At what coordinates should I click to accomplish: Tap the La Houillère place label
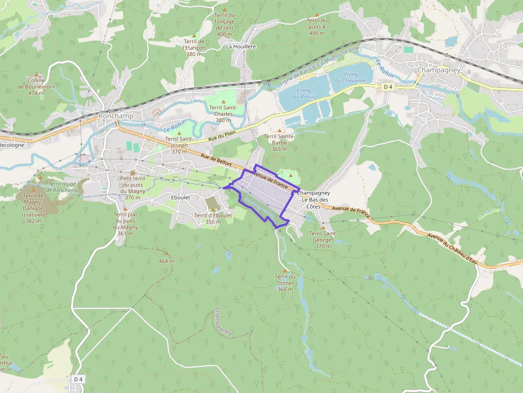[241, 46]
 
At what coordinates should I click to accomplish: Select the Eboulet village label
[180, 197]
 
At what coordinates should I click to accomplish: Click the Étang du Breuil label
[304, 93]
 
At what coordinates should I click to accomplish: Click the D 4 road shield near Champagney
[388, 86]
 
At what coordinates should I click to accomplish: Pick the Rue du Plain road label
[221, 137]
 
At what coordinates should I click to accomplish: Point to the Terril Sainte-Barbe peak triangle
[279, 130]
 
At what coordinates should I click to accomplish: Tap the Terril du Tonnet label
[285, 283]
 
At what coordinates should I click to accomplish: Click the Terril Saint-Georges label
[323, 236]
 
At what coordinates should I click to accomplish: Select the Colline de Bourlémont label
[36, 86]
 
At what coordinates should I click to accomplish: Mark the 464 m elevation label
[167, 261]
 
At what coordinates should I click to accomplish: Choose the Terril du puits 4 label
[316, 27]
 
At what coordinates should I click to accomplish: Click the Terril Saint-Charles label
[223, 114]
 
